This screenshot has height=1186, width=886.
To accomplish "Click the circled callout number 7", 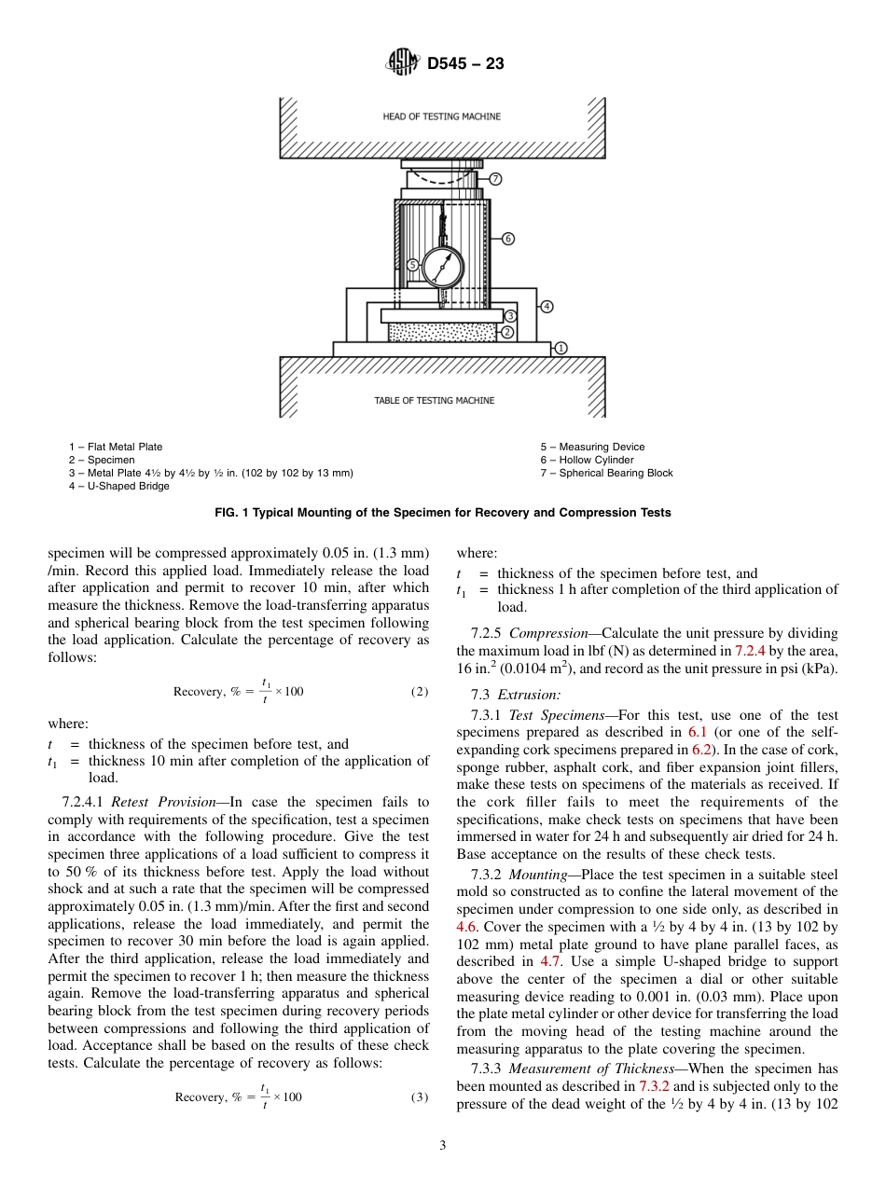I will tap(496, 178).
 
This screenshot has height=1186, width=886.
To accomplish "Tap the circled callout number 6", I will tap(508, 239).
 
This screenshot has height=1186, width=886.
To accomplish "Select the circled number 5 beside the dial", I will tap(412, 266).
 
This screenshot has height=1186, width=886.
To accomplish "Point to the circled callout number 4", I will tap(547, 306).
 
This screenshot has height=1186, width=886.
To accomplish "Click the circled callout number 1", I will tap(561, 348).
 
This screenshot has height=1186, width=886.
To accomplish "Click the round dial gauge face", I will tap(442, 268).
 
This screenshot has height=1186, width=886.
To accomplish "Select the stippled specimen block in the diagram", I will tap(442, 332).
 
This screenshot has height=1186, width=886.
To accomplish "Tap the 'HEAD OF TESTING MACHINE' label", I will tap(441, 117).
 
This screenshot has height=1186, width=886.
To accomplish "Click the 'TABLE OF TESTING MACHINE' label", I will tap(435, 401).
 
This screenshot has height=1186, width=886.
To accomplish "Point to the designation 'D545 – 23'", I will tap(465, 64).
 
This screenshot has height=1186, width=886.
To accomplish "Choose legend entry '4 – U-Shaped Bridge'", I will tap(119, 486).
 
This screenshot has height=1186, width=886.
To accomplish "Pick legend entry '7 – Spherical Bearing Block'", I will tap(606, 473).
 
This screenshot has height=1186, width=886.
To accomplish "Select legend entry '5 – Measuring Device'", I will tap(592, 447).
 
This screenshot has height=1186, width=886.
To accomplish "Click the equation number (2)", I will tap(420, 691).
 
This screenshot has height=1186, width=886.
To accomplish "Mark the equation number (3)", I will tap(420, 1096).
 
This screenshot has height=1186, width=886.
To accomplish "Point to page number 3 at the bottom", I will tap(443, 1146).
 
